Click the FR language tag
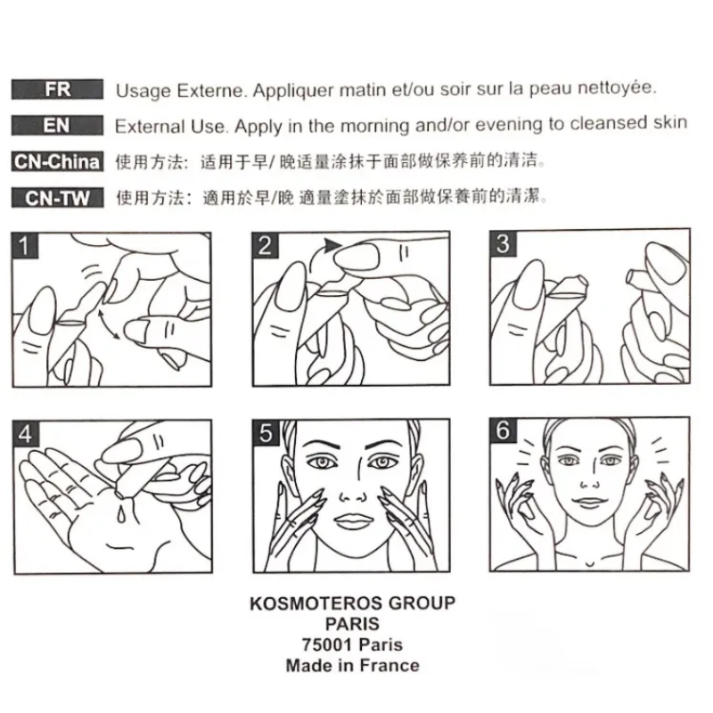[x=57, y=89]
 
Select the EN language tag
[x=57, y=126]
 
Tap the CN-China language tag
[x=57, y=162]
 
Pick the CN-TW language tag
[x=57, y=198]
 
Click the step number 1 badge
[x=25, y=246]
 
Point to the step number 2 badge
[x=265, y=246]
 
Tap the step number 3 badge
[x=503, y=243]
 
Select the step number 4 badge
[x=26, y=434]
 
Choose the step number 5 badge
[x=266, y=433]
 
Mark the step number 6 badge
[x=504, y=430]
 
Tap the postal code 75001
[x=326, y=644]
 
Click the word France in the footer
[x=389, y=666]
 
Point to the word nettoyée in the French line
[x=616, y=87]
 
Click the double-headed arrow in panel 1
[x=108, y=324]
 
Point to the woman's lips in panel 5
[x=351, y=520]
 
